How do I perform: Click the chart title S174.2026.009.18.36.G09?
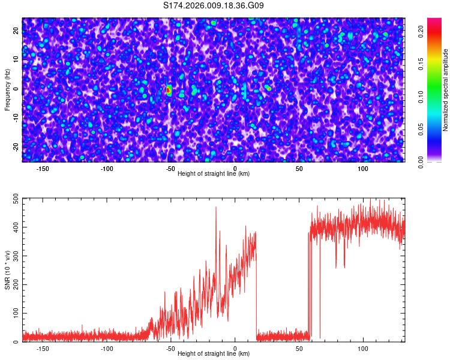pos(214,6)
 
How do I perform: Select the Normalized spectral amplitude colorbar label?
pos(446,90)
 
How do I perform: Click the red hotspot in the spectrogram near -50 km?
pos(169,90)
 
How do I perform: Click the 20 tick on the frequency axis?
pos(16,32)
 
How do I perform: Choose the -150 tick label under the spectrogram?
pos(43,169)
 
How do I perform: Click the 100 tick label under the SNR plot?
pos(363,349)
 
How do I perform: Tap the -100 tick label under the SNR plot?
pos(107,349)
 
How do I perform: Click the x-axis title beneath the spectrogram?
pos(214,174)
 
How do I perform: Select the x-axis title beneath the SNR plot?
pos(214,354)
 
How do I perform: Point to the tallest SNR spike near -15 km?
pos(216,208)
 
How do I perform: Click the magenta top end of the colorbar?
pos(434,21)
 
